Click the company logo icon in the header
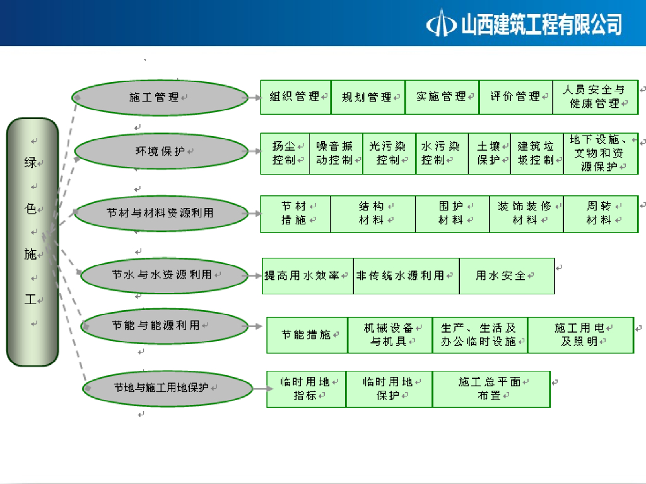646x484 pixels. point(442,24)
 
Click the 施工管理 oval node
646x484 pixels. point(160,98)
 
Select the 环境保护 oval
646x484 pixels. point(161,151)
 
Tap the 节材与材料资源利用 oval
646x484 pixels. point(160,213)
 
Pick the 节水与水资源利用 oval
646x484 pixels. point(165,275)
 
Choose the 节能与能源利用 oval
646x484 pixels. point(165,326)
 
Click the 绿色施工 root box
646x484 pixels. point(32,242)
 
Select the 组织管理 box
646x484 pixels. point(295,97)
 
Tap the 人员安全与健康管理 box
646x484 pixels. point(595,97)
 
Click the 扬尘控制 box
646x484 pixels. point(285,153)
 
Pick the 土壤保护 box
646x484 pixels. point(489,153)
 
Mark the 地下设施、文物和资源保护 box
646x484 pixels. point(598,153)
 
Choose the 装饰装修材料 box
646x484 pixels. point(526,214)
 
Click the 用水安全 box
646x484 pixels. point(506,276)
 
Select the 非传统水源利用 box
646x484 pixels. point(406,276)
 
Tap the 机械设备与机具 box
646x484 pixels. point(389,335)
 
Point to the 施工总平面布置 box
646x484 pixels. point(491,389)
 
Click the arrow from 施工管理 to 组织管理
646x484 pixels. point(255,98)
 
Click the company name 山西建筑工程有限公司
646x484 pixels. point(541,25)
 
